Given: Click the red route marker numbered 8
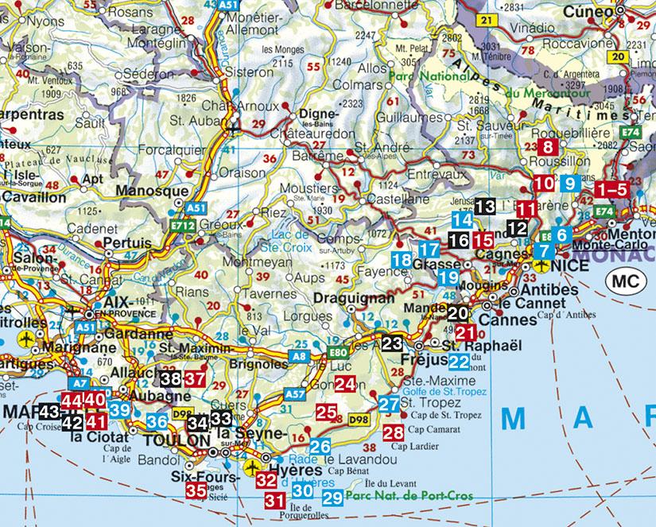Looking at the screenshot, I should tap(547, 147).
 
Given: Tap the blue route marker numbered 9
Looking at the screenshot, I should tap(568, 184).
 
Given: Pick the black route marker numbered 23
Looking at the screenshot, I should tap(392, 343).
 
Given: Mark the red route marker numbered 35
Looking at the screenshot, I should tap(196, 490).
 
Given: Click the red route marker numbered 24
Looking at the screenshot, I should tap(344, 385).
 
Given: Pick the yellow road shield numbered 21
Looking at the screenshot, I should tap(485, 18).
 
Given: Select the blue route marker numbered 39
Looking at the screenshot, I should tap(119, 409).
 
